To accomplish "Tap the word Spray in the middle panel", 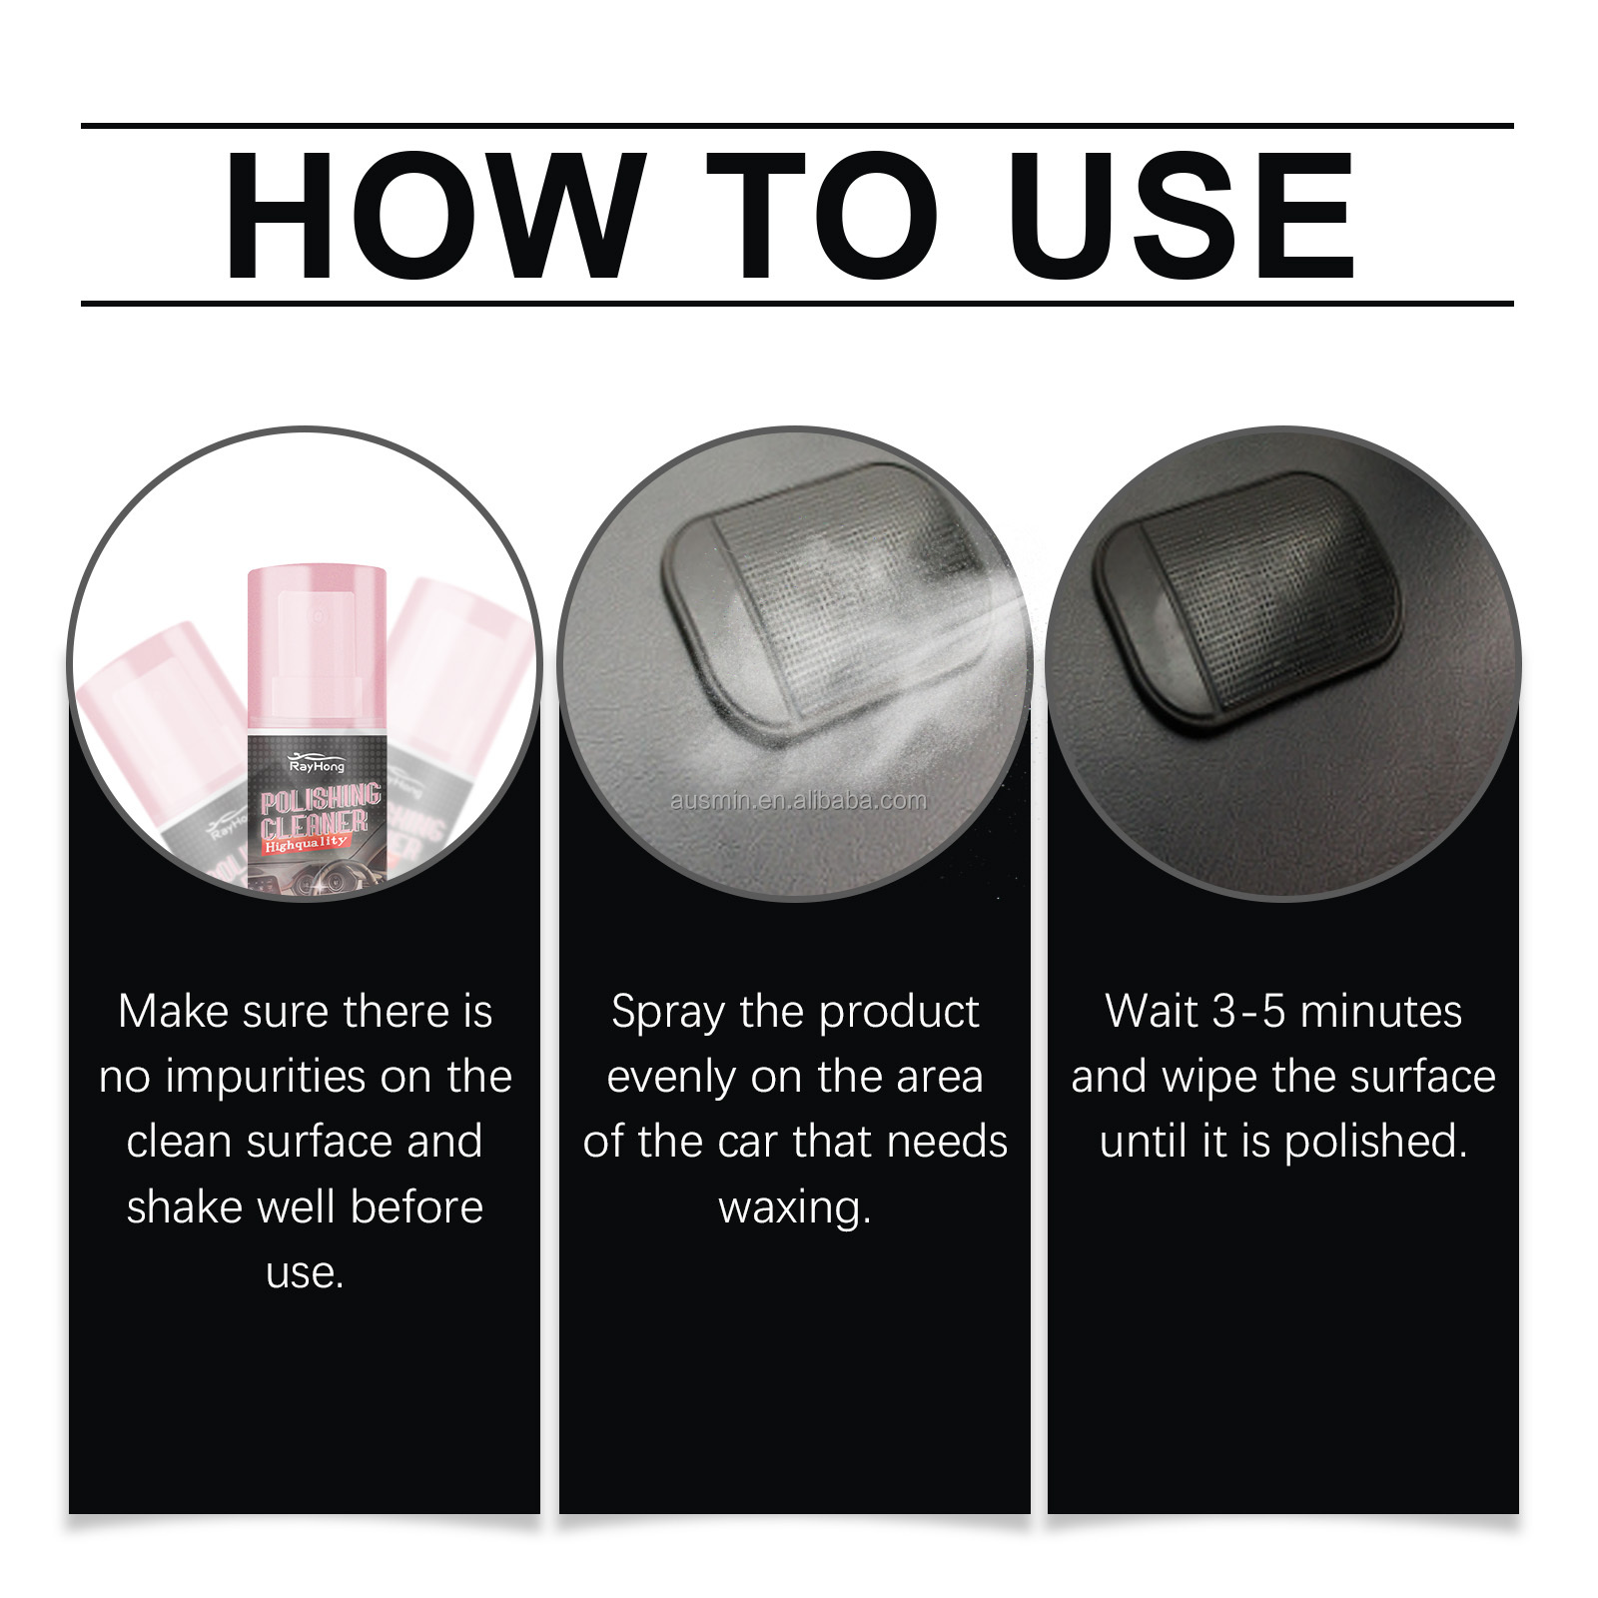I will [667, 1013].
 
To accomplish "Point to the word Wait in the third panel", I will [1151, 1012].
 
